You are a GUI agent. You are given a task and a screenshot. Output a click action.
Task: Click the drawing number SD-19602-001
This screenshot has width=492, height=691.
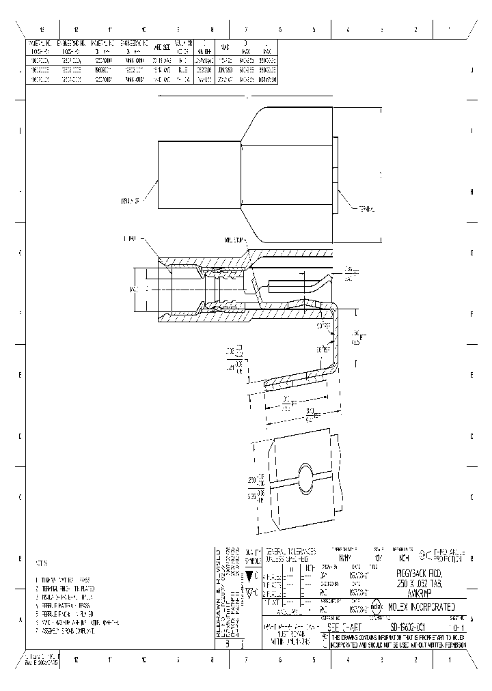point(400,626)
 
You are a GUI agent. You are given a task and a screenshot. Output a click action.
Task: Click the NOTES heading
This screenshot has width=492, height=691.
point(41,564)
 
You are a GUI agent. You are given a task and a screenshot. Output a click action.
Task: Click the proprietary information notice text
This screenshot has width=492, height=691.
point(401,640)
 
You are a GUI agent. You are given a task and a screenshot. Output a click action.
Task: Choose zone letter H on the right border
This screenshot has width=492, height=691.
point(472,193)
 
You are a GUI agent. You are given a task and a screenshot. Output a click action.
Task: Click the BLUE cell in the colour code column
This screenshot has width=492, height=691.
point(182,70)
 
